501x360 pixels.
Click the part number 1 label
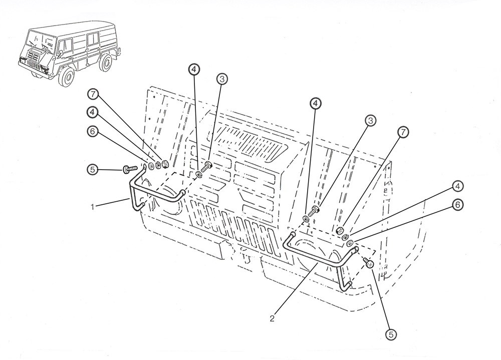(93, 207)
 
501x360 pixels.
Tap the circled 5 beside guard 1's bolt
(93, 169)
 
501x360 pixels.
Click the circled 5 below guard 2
(390, 335)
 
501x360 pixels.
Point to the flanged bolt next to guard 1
(130, 168)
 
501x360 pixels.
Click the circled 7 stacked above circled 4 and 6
(93, 95)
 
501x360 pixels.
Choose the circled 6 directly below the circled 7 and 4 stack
(93, 132)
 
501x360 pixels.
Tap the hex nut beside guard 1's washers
(164, 164)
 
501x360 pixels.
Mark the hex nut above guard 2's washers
(341, 230)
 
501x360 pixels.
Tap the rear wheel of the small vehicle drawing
(105, 63)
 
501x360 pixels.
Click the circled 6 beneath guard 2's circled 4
(458, 204)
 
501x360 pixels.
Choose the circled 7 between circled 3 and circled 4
(403, 132)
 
